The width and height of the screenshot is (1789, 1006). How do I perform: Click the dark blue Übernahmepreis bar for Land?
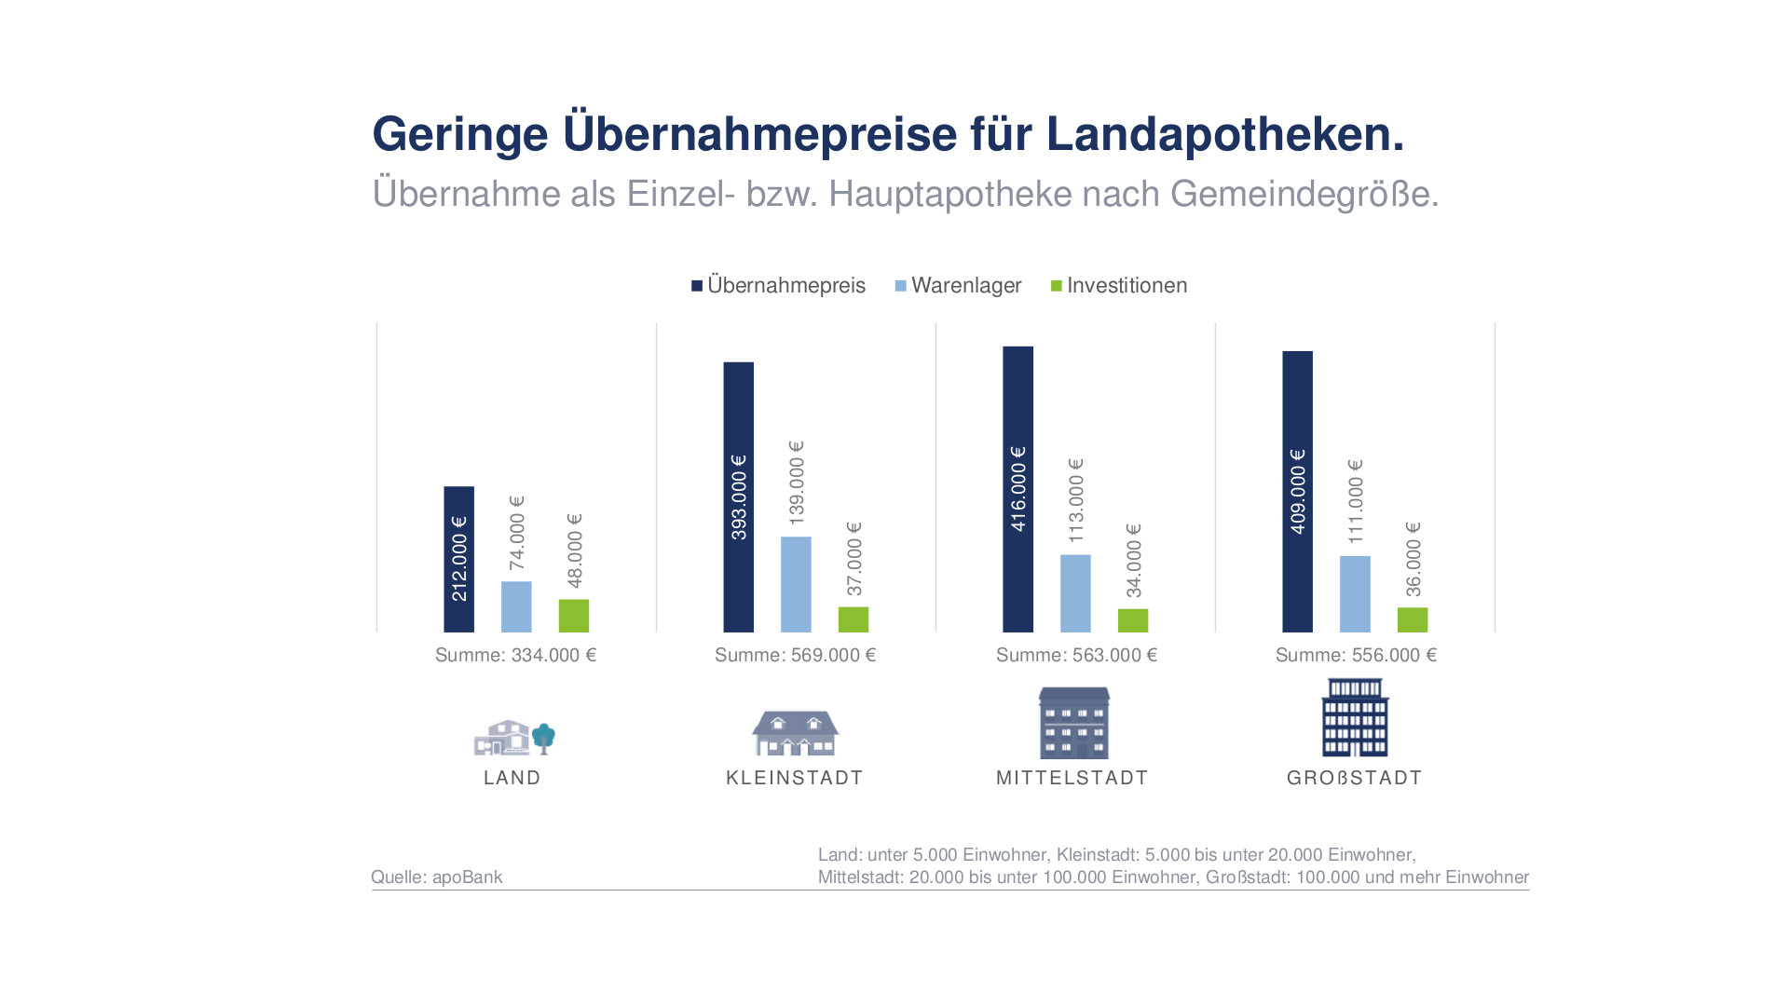458,559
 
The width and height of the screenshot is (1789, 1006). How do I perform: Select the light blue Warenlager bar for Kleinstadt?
796,584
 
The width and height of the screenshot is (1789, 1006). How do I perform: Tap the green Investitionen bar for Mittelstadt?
1133,620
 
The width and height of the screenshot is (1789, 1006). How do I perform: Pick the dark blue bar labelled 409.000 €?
1297,491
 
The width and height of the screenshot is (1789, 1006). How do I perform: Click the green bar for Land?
574,616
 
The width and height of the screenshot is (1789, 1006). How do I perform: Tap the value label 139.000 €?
796,483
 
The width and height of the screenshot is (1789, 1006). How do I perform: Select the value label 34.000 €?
1133,561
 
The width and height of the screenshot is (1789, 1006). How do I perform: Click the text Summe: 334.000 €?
515,656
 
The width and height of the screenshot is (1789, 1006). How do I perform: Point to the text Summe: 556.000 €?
1356,656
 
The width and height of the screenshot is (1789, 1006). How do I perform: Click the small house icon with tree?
514,737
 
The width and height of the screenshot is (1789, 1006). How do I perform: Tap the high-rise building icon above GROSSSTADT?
1355,717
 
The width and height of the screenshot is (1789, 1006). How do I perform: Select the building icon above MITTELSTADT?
1074,723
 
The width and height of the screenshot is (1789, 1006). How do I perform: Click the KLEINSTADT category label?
795,778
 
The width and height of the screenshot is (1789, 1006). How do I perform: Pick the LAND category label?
512,778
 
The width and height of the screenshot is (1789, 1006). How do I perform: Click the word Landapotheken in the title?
1224,134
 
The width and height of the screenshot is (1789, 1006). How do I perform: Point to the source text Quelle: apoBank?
436,877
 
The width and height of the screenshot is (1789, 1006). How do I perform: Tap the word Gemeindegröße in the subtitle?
1304,195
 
